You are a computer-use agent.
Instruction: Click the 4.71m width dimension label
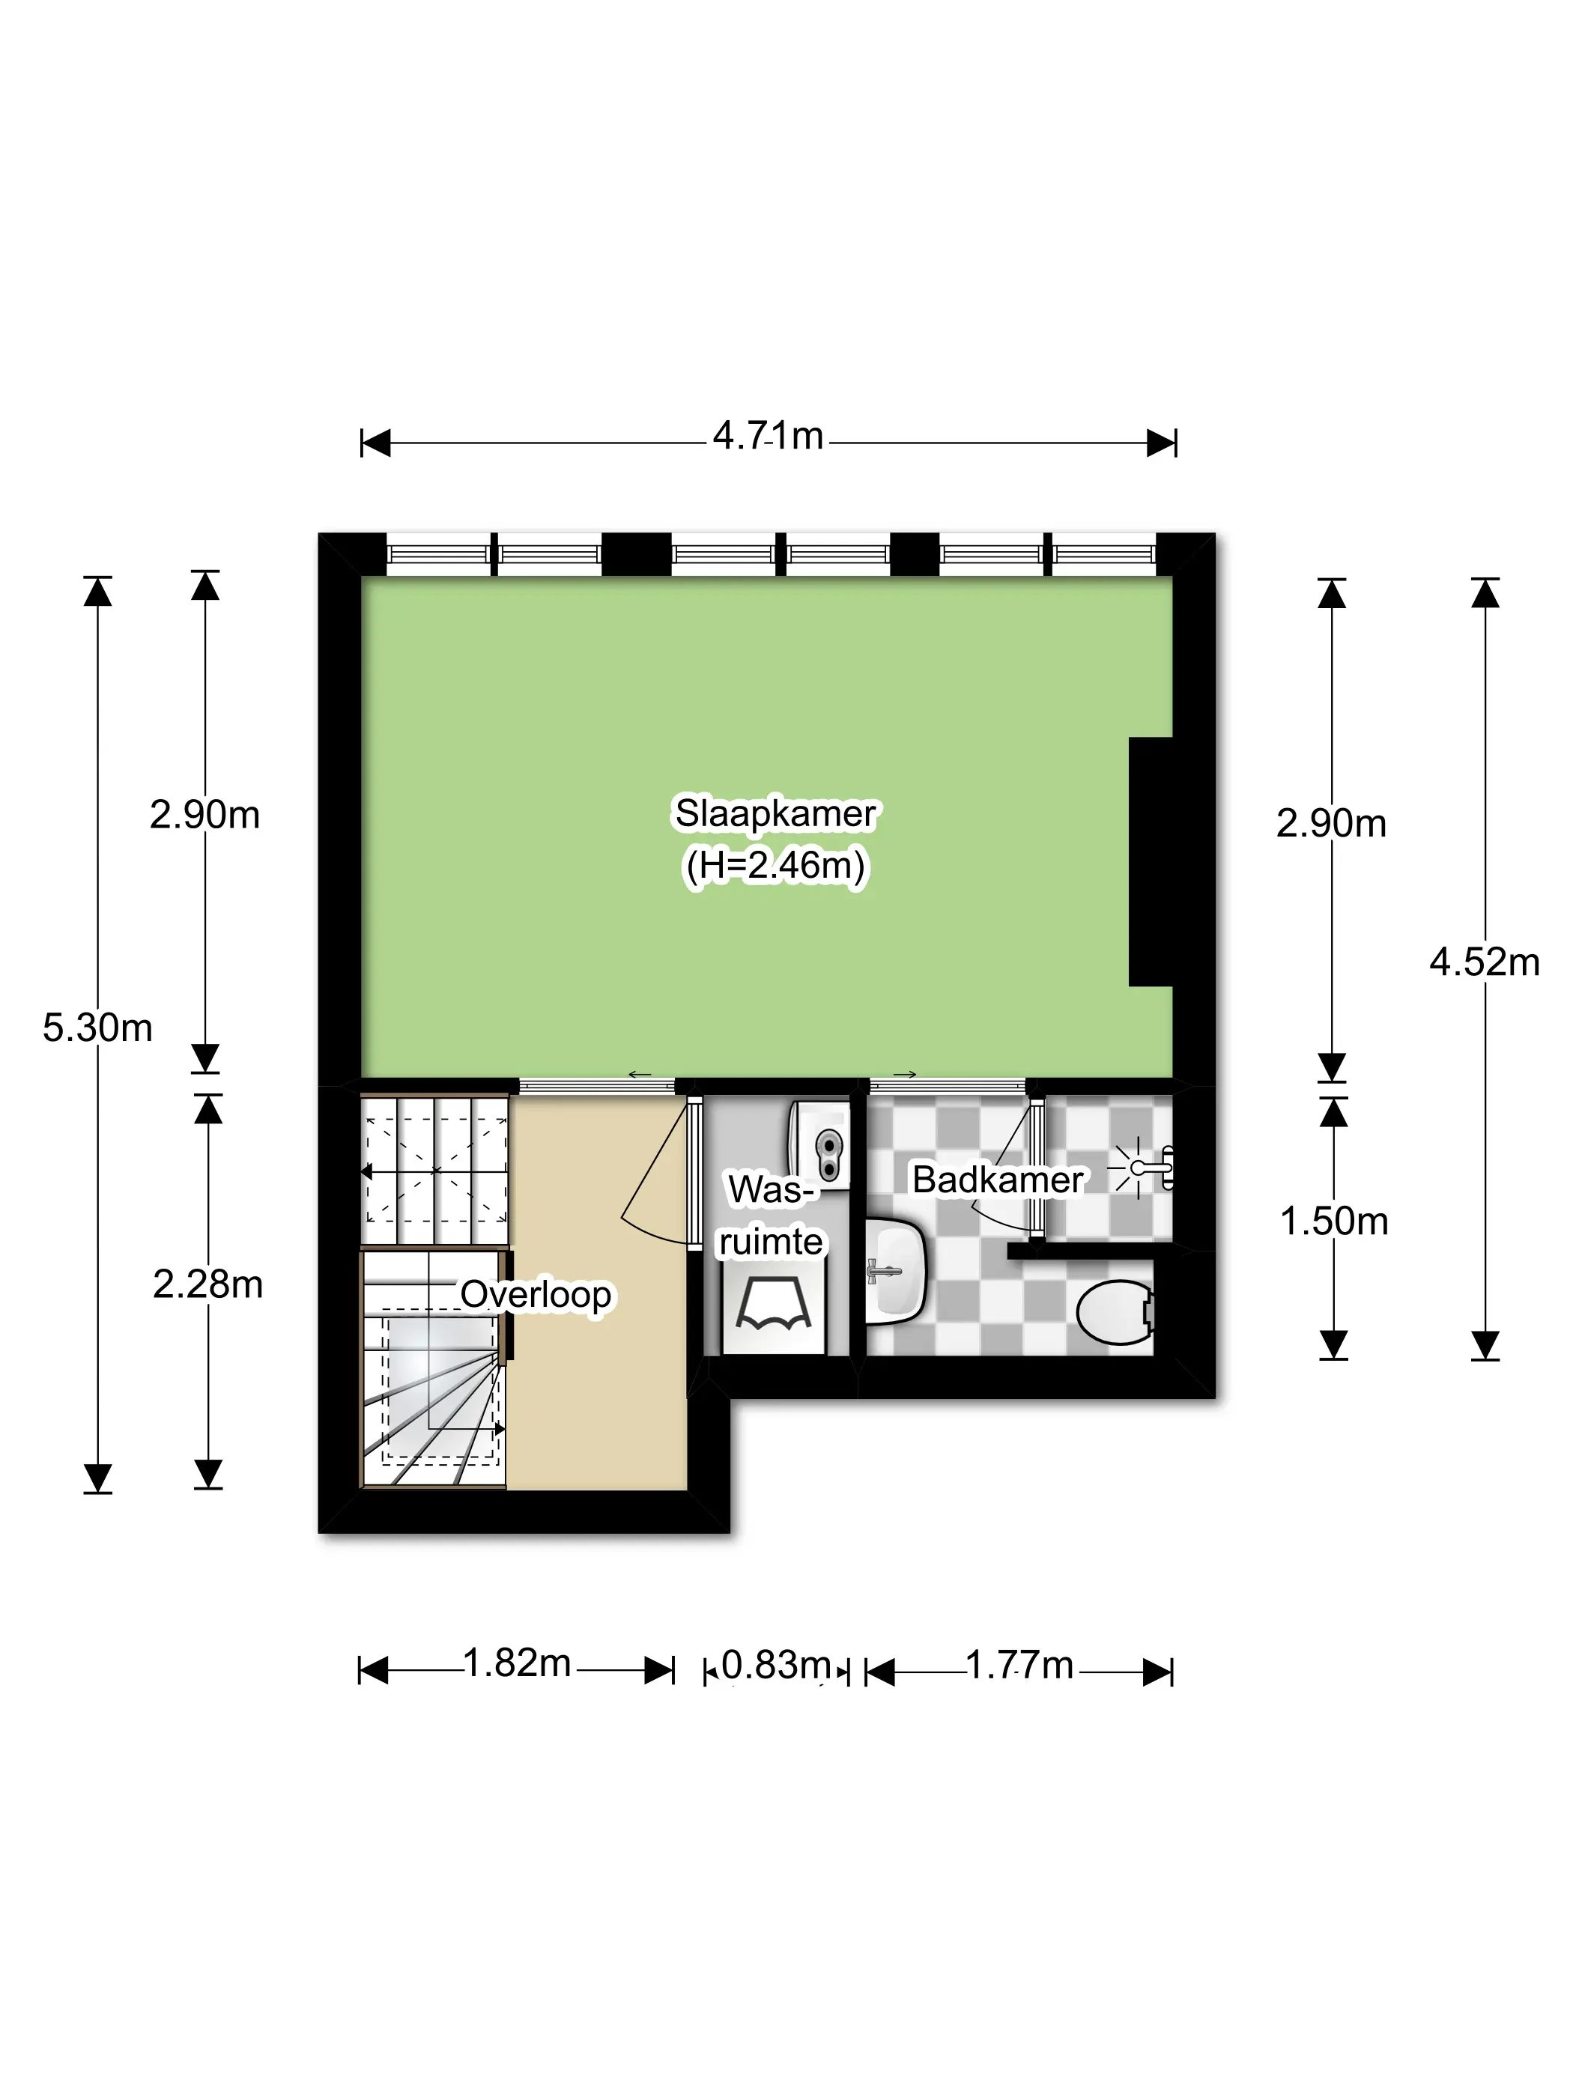(x=768, y=436)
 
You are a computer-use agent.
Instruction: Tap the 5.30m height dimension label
(x=97, y=1028)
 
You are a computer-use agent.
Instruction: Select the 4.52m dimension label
(x=1484, y=962)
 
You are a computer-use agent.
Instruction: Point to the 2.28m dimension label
(x=207, y=1284)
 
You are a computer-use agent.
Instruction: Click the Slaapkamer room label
(x=775, y=813)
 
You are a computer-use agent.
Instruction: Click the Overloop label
(x=536, y=1294)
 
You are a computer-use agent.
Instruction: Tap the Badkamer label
(x=998, y=1180)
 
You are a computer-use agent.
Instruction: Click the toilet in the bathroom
(x=1116, y=1312)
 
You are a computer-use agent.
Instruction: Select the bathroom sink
(x=895, y=1270)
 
